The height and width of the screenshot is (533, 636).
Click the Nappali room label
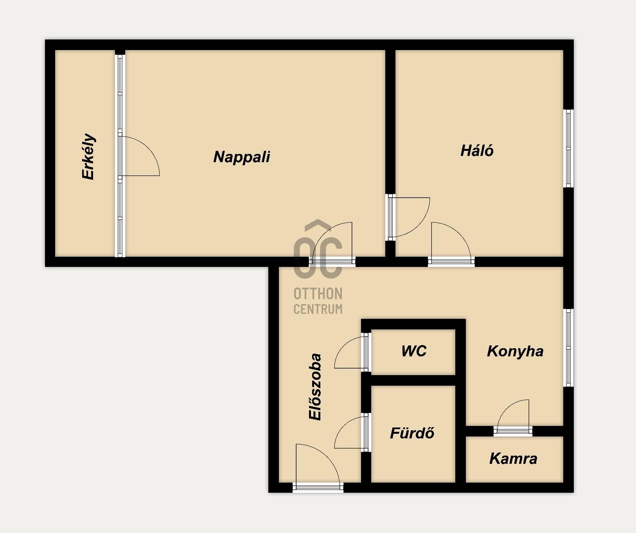(242, 157)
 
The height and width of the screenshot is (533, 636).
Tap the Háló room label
(477, 150)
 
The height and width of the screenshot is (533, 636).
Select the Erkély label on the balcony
(89, 156)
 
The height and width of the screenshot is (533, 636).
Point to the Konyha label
(515, 351)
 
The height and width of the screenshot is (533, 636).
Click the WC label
(414, 351)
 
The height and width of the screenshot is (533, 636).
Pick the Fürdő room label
(412, 433)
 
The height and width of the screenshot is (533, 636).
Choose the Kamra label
(513, 458)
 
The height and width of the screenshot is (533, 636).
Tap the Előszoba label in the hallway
(315, 387)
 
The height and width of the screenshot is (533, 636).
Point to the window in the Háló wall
(569, 148)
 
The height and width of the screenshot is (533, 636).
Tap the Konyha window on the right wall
(569, 348)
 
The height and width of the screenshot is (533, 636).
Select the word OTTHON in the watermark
(318, 293)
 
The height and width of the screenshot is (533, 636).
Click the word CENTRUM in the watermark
(318, 309)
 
